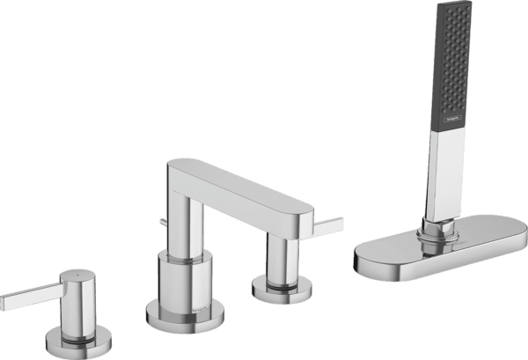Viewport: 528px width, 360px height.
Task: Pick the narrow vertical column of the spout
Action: click(187, 220)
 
